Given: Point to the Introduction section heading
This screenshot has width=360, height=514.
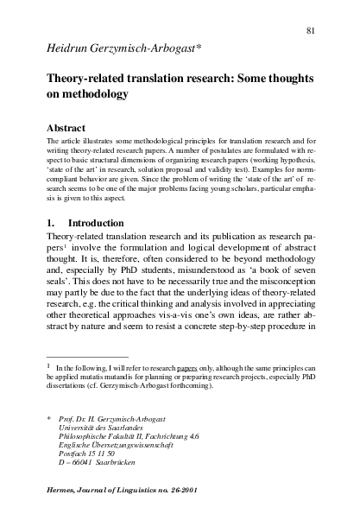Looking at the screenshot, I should tap(96, 221).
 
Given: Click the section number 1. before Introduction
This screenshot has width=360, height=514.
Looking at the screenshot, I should tap(51, 221).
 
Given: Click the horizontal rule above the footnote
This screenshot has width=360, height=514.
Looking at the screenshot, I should tap(86, 355).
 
